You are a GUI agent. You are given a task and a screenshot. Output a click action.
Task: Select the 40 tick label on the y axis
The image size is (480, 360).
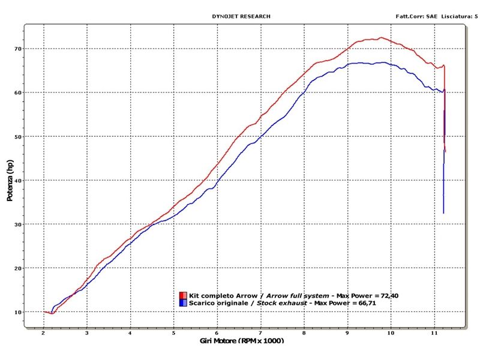coord(35,181)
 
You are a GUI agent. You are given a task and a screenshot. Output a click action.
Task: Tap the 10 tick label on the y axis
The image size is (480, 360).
coord(35,312)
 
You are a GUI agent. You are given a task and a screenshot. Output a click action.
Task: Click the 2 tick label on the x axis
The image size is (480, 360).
coord(44,332)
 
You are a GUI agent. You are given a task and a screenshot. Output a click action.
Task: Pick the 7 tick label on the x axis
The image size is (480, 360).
coord(260,332)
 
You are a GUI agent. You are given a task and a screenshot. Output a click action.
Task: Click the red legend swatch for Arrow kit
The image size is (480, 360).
coord(182,296)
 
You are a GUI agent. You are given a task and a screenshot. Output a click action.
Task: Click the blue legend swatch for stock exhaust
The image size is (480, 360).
coord(182,303)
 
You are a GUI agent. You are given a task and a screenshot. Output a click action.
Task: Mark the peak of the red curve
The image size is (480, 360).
coord(381,38)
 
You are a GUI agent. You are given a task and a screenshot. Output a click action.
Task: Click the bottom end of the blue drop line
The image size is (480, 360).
coord(443,213)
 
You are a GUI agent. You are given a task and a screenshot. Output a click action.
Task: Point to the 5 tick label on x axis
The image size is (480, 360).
coord(173,332)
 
